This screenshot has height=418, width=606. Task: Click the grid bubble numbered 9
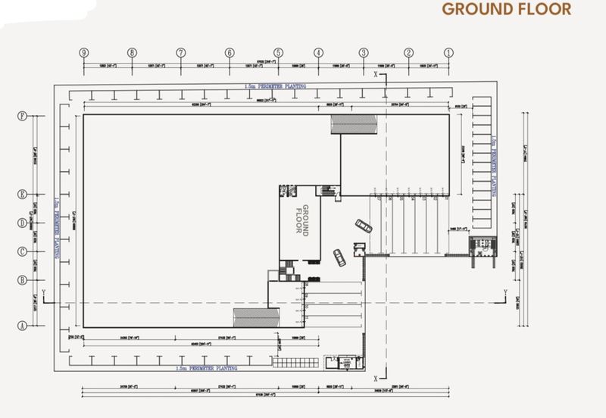coord(85,53)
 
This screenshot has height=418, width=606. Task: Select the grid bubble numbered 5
coord(279,53)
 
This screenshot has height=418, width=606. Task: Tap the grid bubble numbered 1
coord(448,53)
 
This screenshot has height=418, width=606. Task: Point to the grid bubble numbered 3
coord(364,53)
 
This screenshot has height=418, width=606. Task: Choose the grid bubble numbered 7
coord(181,53)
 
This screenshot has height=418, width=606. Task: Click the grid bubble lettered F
coord(23,117)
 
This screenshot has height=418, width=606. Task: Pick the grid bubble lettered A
coord(23,326)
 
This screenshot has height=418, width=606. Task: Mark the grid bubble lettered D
coord(23,223)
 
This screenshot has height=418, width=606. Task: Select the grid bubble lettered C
coord(23,251)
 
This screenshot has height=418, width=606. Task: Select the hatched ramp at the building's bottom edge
coord(251,318)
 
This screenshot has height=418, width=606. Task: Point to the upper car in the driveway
coord(362,226)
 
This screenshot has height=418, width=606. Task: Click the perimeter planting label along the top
coord(270,88)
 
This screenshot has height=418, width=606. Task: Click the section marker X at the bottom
coord(376,376)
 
